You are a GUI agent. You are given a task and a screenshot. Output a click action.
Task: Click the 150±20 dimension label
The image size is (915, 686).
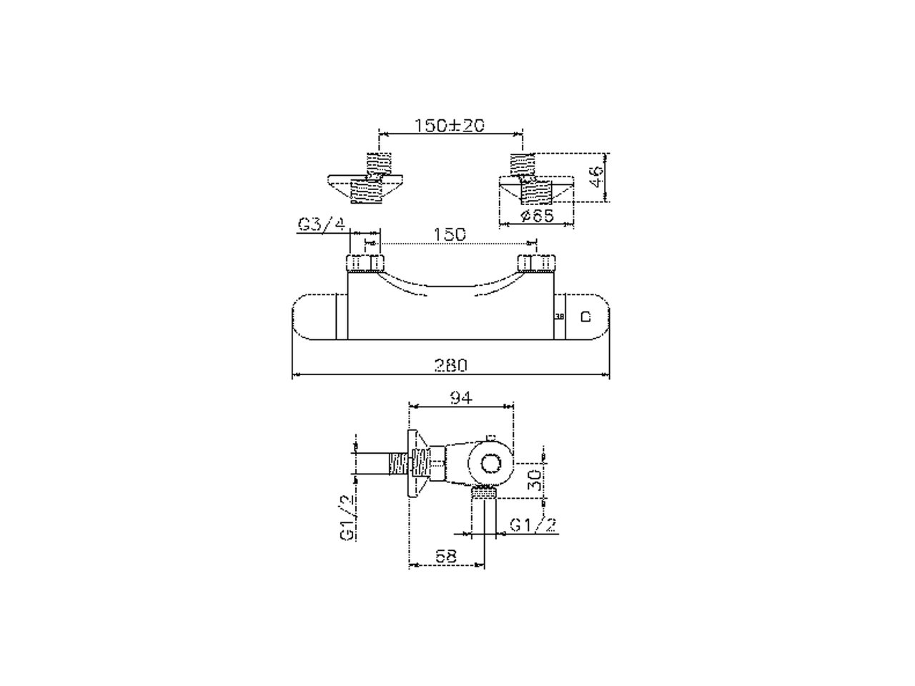[450, 124]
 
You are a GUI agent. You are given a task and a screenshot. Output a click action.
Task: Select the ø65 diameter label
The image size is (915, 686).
[538, 215]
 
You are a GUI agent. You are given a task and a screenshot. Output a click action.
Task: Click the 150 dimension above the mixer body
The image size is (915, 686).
[450, 234]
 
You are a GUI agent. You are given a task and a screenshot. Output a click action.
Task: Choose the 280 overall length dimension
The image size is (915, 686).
[451, 365]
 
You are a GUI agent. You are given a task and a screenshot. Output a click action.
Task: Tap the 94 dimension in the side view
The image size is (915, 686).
[461, 397]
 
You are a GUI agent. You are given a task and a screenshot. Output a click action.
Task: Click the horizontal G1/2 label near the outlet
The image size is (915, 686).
[533, 525]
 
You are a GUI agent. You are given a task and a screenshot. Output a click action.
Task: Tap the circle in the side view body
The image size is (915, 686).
[491, 464]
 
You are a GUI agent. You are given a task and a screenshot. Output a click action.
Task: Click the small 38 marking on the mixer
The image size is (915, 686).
[560, 316]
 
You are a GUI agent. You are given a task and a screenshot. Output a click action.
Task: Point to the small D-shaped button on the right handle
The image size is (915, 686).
[585, 316]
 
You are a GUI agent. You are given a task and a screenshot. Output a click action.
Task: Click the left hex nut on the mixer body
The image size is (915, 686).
[365, 264]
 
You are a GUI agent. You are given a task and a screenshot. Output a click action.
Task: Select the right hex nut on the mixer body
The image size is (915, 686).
[535, 264]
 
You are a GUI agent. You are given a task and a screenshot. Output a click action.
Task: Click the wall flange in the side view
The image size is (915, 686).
[414, 465]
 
